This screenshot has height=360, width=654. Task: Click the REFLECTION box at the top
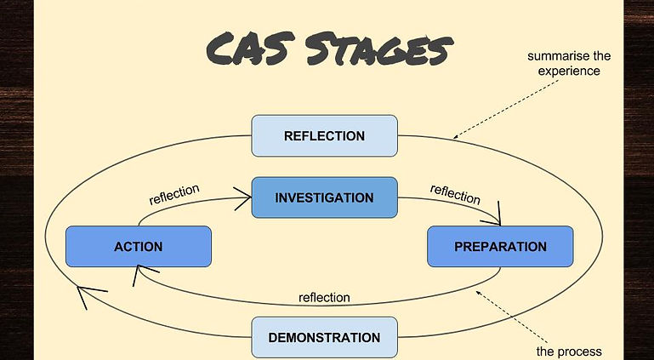pyautogui.click(x=324, y=136)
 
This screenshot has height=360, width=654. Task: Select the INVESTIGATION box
pyautogui.click(x=324, y=197)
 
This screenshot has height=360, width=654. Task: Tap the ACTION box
pyautogui.click(x=138, y=247)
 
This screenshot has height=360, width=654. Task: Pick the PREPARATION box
pyautogui.click(x=500, y=247)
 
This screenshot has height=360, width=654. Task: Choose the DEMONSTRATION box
pyautogui.click(x=324, y=337)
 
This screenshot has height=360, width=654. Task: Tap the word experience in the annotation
pyautogui.click(x=569, y=71)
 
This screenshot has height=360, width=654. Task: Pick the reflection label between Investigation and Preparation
pyautogui.click(x=455, y=193)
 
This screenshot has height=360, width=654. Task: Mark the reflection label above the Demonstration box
pyautogui.click(x=324, y=297)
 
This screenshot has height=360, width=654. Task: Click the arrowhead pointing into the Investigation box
pyautogui.click(x=245, y=198)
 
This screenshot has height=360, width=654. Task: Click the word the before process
pyautogui.click(x=546, y=351)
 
